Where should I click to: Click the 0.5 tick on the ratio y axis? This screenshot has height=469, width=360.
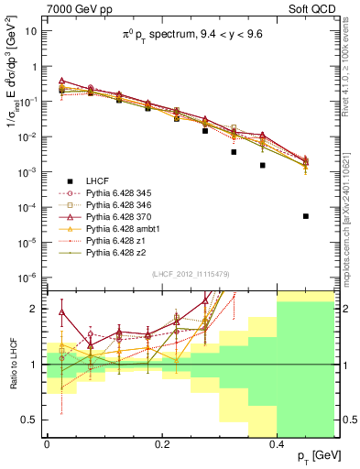34,420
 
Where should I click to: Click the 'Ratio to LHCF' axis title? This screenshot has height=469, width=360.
14,364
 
